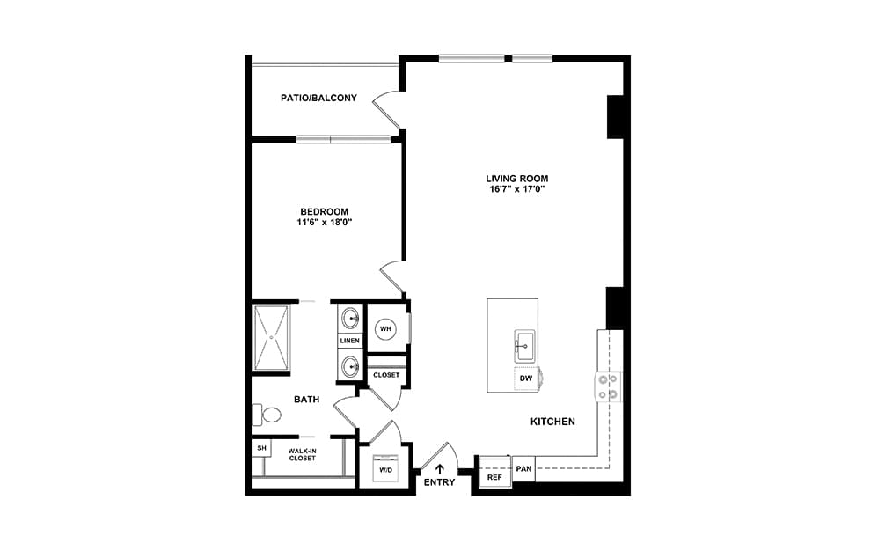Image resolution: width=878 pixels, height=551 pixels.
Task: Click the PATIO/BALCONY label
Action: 318,98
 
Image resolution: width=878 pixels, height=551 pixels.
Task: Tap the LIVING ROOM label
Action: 516,179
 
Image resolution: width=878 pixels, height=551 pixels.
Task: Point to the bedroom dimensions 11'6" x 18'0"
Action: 325,223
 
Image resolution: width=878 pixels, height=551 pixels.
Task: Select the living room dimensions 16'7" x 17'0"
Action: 516,189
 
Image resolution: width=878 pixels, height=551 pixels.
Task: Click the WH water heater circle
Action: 385,328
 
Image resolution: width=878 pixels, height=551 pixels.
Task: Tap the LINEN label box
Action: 350,341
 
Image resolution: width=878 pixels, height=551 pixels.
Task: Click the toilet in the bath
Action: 267,415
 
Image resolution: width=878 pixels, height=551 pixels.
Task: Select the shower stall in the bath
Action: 272,338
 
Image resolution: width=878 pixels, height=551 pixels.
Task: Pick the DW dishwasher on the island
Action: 526,378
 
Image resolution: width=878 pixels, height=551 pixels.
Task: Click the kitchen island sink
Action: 524,346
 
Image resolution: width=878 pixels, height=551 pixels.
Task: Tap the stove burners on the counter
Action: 608,387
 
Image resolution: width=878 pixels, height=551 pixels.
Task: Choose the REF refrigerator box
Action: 494,472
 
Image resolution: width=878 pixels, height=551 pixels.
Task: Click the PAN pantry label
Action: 523,468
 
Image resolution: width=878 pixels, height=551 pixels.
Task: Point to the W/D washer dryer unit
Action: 386,468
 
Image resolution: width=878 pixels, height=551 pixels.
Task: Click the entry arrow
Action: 440,468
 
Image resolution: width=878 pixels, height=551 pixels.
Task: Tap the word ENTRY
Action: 440,482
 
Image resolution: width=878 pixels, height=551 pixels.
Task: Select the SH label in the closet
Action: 261,448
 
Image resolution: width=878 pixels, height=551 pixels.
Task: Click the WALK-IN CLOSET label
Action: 303,454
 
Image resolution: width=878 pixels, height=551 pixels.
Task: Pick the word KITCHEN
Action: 552,422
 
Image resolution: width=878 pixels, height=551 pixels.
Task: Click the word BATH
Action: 307,400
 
